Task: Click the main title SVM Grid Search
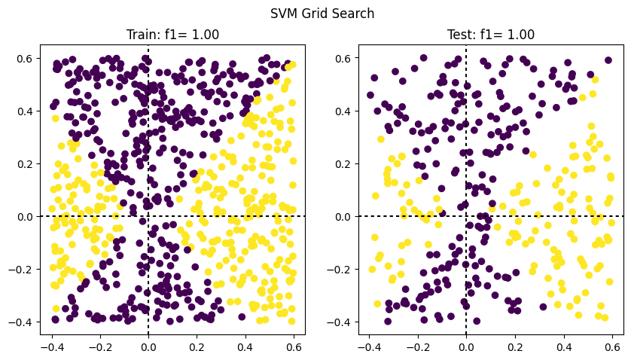tap(322, 14)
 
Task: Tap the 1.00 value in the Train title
tap(206, 35)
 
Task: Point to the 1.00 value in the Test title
tap(521, 35)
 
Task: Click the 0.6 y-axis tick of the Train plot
tap(24, 59)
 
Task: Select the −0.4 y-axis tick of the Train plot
tap(20, 322)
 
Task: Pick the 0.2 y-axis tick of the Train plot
tap(24, 164)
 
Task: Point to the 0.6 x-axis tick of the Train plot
tap(294, 347)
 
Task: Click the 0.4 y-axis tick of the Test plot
tap(343, 111)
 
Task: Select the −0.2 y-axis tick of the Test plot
tap(339, 270)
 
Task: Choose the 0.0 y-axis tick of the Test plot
tap(343, 217)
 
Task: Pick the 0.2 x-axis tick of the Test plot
tap(515, 347)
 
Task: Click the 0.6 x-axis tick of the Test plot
tap(612, 347)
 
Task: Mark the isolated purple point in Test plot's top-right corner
tap(608, 60)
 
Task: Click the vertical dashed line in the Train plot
tap(148, 190)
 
